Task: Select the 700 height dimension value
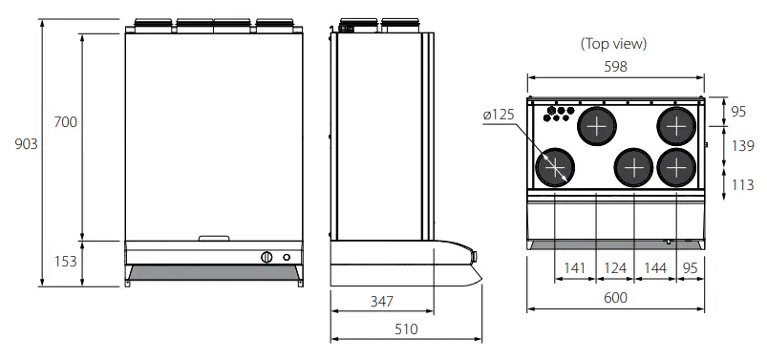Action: point(66,122)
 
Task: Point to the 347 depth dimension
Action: point(380,301)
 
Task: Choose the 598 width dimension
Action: point(615,66)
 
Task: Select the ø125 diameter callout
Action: point(499,115)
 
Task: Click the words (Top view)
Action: point(614,44)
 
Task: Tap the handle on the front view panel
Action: point(214,237)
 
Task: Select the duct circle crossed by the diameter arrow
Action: point(554,168)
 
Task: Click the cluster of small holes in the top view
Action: point(553,115)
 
